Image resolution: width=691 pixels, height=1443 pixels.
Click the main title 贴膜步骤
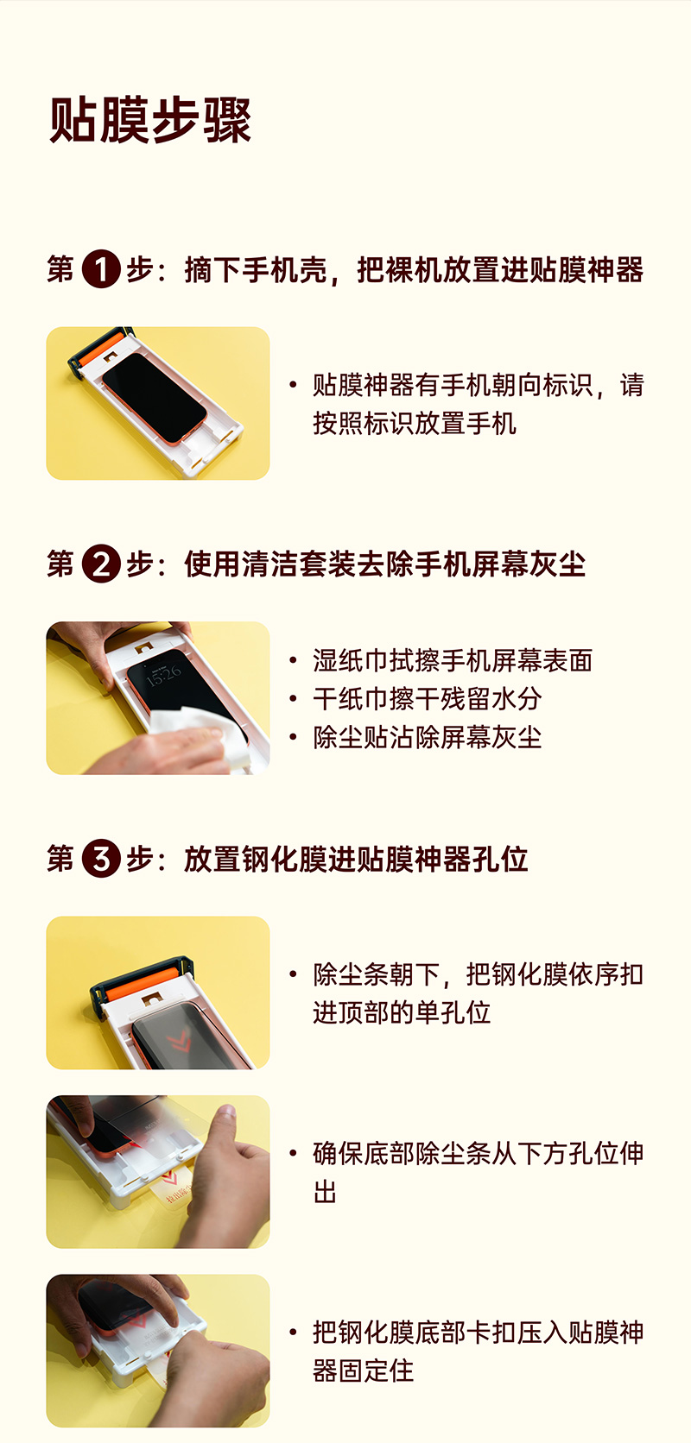point(150,120)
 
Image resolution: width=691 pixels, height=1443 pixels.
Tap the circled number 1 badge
point(101,268)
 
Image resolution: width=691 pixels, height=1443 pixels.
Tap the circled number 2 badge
point(101,564)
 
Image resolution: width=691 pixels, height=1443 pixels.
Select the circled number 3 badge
point(101,858)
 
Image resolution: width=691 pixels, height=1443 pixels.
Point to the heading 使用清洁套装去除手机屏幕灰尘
point(385,564)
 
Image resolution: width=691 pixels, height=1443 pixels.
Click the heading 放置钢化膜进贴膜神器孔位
point(356,859)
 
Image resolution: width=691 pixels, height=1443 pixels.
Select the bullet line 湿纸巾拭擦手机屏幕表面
point(453,660)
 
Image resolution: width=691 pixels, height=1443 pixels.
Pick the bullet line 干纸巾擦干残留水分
point(428,699)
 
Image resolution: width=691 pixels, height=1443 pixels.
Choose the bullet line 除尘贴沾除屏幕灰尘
point(428,738)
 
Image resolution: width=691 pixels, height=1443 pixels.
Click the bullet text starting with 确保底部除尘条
point(479,1172)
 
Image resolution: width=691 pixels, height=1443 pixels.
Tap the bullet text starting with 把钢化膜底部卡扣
point(479,1352)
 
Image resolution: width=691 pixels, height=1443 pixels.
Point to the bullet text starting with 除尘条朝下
point(479,993)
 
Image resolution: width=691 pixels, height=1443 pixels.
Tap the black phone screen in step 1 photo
point(154,397)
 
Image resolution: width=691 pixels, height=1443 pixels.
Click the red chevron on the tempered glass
point(177,1040)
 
